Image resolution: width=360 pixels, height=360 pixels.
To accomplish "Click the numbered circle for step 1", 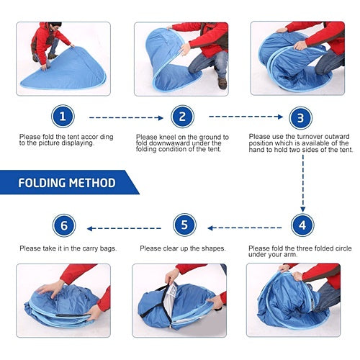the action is point(63,117).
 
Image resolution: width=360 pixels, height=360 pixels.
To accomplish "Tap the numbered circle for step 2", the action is point(182,117).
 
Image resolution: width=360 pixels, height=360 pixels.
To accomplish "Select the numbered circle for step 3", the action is point(300,118).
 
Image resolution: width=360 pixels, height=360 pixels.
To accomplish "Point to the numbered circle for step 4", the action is point(302,225).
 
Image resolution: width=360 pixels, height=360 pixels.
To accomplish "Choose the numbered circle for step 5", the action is point(184,225).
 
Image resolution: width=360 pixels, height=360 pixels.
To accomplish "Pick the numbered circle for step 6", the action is point(64,225).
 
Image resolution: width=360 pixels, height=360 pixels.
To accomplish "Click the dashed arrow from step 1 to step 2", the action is point(126,118).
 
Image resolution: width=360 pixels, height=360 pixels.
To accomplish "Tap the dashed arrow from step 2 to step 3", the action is point(246,117).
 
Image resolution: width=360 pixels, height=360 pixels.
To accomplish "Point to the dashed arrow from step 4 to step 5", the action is point(245,228).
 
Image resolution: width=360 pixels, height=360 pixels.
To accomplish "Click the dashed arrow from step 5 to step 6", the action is point(124,228).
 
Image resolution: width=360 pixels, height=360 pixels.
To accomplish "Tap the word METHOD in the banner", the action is point(92,183).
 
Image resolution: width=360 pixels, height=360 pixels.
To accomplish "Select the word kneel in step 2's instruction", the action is point(167,137).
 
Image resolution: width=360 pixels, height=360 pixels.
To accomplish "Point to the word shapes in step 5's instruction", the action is point(214,248).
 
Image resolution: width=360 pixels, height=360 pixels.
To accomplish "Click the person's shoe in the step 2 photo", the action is point(222,83).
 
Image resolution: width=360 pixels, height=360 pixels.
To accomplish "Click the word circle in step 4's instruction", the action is point(343,248).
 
